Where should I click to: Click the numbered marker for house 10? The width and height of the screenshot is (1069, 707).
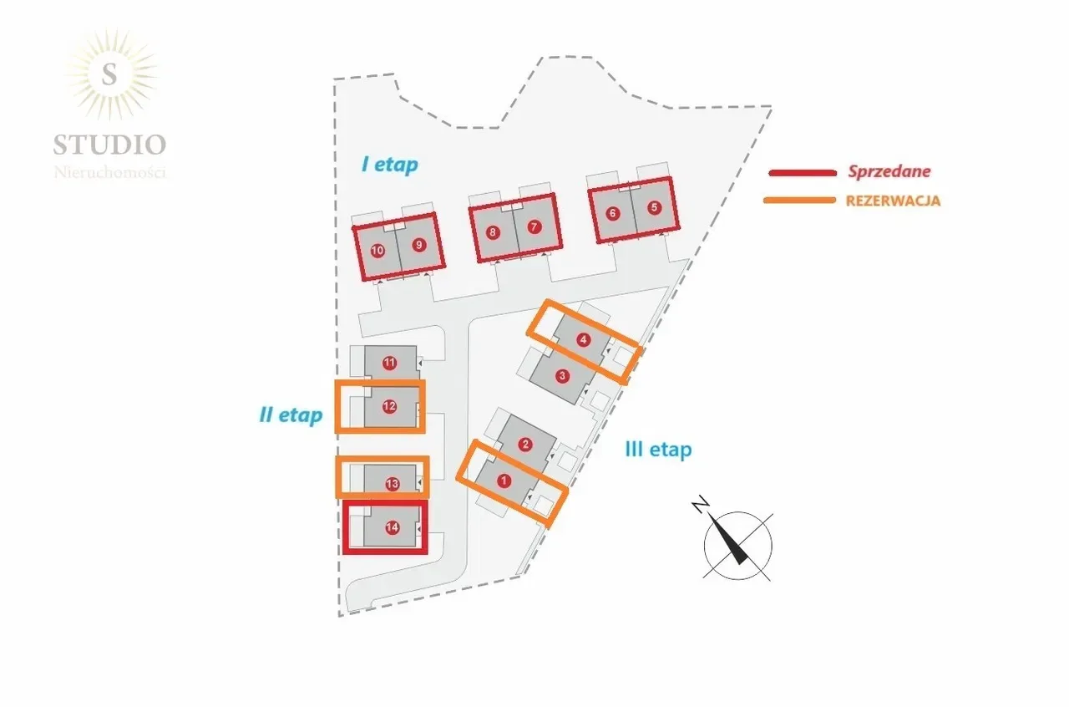point(377,251)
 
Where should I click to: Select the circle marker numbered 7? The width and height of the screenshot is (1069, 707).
point(534,227)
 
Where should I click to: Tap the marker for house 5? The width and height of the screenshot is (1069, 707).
point(654,207)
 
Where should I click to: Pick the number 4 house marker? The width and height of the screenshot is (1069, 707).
point(583,339)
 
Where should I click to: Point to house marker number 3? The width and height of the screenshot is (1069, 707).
point(562,376)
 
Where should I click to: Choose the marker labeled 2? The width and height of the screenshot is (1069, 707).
point(525,445)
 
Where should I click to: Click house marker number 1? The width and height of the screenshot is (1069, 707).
point(504,481)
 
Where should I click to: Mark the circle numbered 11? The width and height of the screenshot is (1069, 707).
point(389,363)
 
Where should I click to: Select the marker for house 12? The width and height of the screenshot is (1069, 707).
point(389,406)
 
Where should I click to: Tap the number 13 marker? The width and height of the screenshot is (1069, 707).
point(392,485)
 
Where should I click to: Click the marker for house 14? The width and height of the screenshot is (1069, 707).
point(392,527)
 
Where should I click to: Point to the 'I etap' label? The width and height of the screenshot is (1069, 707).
point(390,165)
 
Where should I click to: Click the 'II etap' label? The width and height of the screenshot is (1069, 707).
point(291,415)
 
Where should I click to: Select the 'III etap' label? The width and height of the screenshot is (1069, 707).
point(659,450)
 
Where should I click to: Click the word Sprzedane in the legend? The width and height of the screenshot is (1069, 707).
point(889,171)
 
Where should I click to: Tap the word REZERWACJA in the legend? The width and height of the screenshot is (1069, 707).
point(893,201)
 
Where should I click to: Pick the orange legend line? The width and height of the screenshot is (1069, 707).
point(800,201)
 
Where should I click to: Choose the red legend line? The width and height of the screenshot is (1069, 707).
point(803,173)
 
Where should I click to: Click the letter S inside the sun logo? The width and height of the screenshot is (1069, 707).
point(109,74)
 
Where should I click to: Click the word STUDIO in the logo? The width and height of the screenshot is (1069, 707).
point(109,145)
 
